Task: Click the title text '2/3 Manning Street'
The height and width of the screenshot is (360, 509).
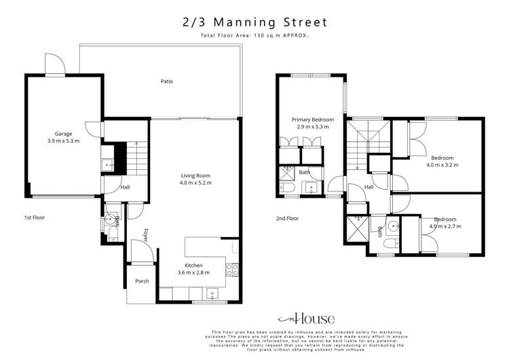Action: (254, 22)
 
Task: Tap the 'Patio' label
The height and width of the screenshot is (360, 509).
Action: (166, 82)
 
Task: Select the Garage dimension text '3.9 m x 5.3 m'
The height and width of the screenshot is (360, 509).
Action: (63, 141)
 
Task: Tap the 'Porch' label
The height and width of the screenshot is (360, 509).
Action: (142, 281)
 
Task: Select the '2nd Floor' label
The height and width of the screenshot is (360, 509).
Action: (287, 218)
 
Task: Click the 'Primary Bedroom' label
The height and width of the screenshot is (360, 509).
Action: (313, 120)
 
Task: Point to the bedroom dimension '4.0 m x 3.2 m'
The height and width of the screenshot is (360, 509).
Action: (442, 164)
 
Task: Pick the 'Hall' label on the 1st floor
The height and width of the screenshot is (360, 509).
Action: (125, 187)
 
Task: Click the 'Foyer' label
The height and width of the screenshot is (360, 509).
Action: (145, 234)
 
